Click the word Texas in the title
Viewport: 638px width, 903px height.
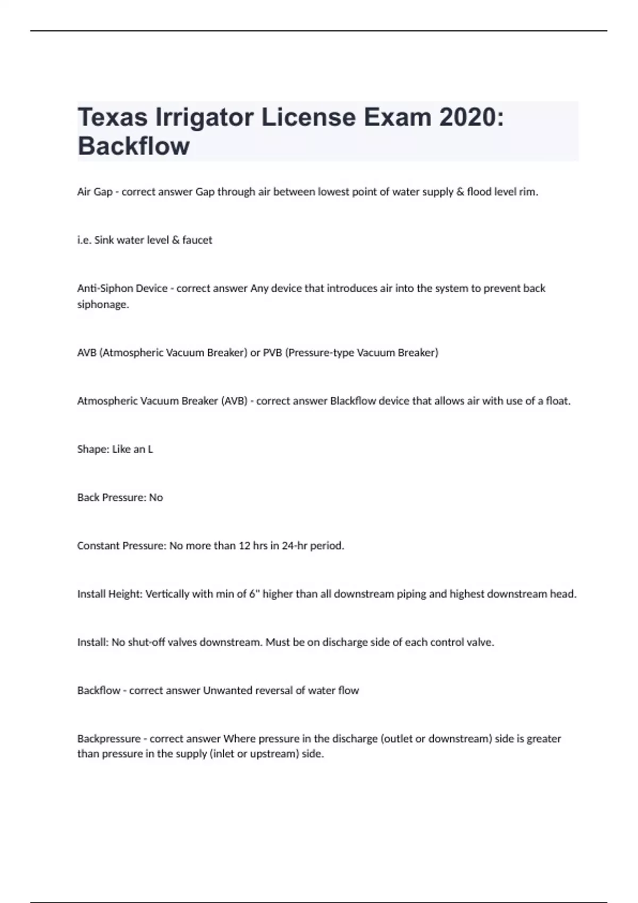tap(112, 117)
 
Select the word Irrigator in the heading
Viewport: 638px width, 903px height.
tap(204, 117)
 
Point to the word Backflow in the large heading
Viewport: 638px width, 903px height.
tap(133, 146)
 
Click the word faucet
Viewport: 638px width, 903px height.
tap(197, 240)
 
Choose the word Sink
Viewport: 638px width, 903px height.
tap(104, 240)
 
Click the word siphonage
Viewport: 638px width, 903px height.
tap(103, 304)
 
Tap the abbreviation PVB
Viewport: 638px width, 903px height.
tap(272, 353)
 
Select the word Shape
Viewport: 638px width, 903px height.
tap(93, 449)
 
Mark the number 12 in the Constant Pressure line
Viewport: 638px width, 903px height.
tap(244, 546)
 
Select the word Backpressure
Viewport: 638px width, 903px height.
tap(109, 739)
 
